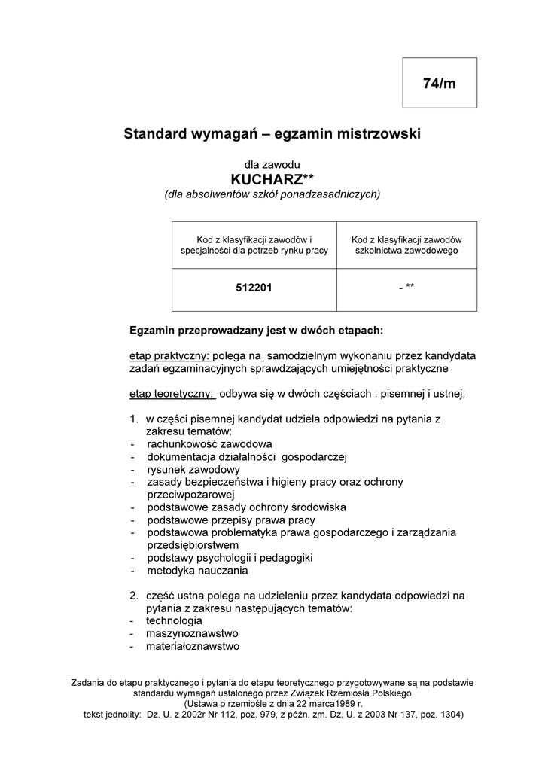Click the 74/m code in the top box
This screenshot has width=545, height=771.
440,84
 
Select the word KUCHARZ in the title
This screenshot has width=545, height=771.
266,179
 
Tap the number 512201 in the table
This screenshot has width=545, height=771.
254,288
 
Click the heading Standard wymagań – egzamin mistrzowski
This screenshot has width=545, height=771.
272,134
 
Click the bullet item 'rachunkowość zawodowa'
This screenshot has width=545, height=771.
209,443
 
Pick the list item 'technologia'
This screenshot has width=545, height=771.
174,620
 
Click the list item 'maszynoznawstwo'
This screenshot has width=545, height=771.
192,633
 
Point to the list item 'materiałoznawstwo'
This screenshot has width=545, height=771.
193,646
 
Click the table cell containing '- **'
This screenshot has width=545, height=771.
406,288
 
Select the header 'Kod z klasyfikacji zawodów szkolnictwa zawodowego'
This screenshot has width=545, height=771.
406,245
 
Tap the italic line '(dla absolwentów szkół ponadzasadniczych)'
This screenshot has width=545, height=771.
272,194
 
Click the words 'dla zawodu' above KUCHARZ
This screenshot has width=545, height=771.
272,163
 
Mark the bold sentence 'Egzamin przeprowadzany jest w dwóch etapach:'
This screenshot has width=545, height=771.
257,330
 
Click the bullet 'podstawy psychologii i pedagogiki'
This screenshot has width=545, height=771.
230,558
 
